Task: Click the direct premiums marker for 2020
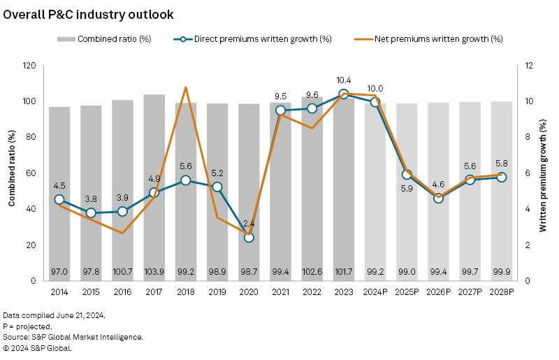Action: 249,238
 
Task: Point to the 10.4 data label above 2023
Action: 344,81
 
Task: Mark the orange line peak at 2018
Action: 186,87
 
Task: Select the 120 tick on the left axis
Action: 29,66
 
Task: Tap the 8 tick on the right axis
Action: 530,138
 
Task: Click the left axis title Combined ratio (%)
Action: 12,173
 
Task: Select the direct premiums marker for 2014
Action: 59,199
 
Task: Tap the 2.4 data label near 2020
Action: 249,224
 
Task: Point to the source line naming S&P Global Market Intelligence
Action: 73,337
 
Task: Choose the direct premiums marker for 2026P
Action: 438,198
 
